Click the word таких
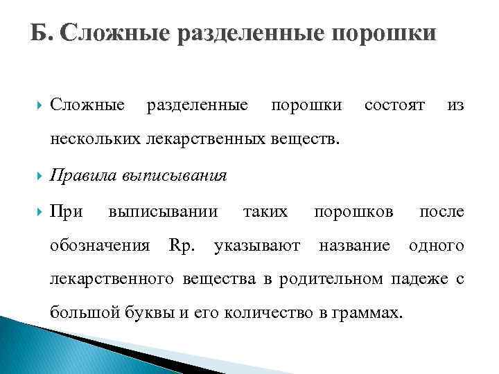[x=265, y=211]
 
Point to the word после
[x=441, y=211]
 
